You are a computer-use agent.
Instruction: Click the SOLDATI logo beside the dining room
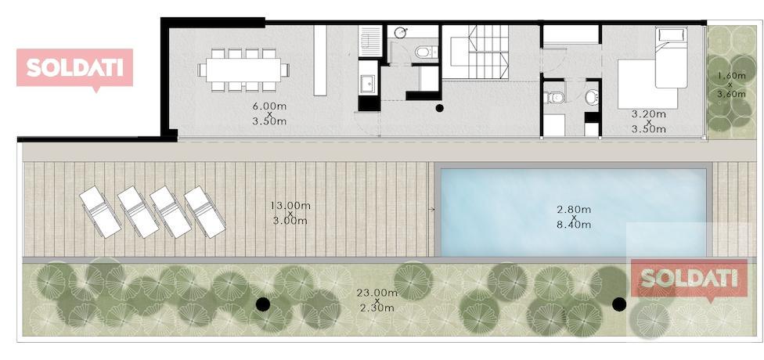[74, 68]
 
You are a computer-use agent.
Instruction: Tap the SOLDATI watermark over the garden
[689, 279]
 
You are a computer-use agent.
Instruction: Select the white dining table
[243, 70]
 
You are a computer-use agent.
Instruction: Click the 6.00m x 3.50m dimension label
[269, 113]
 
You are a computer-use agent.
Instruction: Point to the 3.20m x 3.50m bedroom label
[648, 121]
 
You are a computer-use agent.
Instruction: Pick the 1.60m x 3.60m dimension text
[731, 85]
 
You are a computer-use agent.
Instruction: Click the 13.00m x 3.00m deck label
[290, 213]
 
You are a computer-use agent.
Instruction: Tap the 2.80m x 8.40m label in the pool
[574, 217]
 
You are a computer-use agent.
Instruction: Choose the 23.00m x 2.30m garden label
[377, 300]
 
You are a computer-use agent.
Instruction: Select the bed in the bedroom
[671, 57]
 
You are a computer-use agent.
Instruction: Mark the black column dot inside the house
[439, 108]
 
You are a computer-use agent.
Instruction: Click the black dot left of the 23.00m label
[263, 304]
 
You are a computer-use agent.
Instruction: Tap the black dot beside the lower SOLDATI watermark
[619, 304]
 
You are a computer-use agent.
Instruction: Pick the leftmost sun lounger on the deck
[100, 212]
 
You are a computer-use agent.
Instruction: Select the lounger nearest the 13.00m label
[205, 212]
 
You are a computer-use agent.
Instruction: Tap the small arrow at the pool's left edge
[431, 210]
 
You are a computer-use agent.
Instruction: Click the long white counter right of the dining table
[320, 60]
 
